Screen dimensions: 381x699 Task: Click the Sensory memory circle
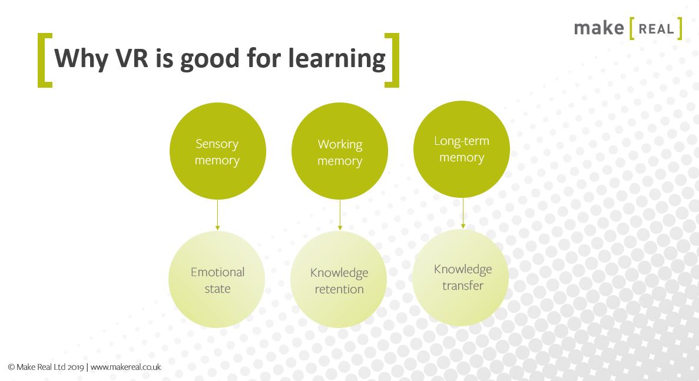tap(217, 151)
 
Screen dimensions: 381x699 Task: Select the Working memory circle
tap(340, 151)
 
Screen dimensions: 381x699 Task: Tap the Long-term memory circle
tap(462, 149)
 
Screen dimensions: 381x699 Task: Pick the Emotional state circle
tap(217, 280)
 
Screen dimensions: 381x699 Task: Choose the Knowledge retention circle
tap(339, 280)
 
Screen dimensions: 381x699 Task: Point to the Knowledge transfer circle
tap(461, 277)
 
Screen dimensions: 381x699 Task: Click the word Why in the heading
tap(80, 59)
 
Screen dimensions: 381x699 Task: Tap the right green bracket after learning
tap(392, 60)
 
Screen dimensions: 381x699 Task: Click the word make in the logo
tap(598, 28)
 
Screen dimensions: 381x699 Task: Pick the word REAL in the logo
tap(656, 29)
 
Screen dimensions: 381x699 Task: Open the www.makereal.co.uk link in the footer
tap(125, 366)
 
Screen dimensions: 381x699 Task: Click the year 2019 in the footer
tap(75, 366)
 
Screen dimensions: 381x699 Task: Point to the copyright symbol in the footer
tap(11, 366)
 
